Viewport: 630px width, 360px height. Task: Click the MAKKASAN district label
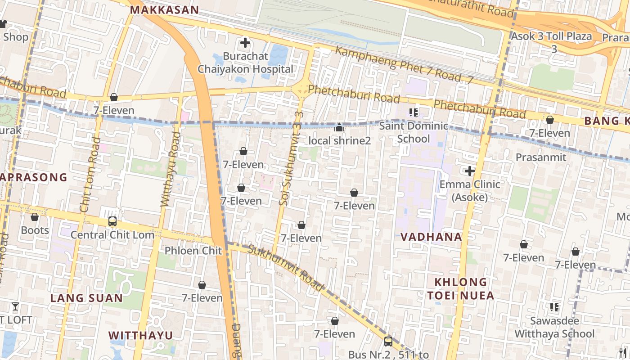point(164,10)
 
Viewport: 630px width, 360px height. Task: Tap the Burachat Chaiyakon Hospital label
point(246,63)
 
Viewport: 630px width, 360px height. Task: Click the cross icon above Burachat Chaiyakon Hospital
point(245,43)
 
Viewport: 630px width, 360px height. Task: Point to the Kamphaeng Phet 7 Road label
point(404,66)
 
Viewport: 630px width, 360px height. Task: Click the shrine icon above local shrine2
point(339,128)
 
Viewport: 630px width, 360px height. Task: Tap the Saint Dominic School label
point(414,132)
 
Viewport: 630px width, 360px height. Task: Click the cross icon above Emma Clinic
point(470,171)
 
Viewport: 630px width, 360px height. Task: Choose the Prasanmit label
point(541,157)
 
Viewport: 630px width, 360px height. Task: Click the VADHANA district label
point(431,237)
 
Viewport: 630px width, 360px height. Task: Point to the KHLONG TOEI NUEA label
point(460,289)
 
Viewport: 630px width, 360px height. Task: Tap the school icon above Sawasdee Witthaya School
point(554,307)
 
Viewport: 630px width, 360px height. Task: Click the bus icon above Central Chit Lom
point(112,221)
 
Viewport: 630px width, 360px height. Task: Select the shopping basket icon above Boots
point(35,217)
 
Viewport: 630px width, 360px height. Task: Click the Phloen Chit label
point(193,251)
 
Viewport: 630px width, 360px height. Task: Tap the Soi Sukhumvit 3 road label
point(289,165)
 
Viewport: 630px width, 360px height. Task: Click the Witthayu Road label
point(171,170)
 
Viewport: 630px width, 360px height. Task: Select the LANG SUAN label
point(86,298)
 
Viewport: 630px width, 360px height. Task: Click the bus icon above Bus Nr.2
point(388,341)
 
